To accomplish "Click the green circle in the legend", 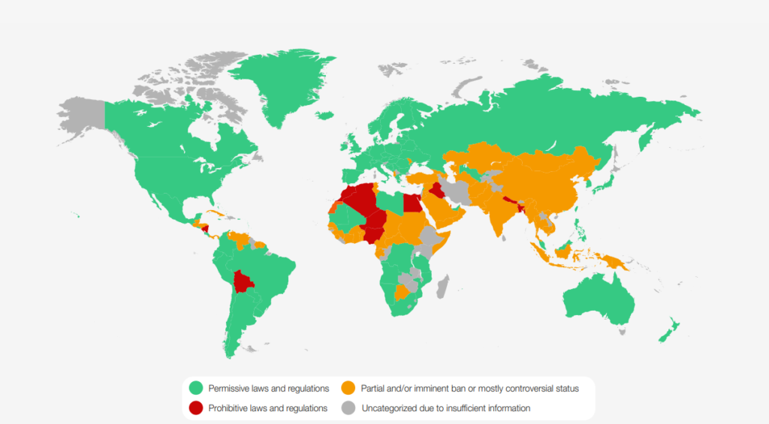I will [196, 388].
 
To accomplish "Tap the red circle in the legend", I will [196, 408].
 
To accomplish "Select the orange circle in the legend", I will [348, 388].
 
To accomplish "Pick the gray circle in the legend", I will [348, 408].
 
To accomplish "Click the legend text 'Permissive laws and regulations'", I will [269, 388].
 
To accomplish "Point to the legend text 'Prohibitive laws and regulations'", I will [268, 408].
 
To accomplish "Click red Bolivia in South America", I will [243, 281].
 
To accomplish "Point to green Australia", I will [597, 300].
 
